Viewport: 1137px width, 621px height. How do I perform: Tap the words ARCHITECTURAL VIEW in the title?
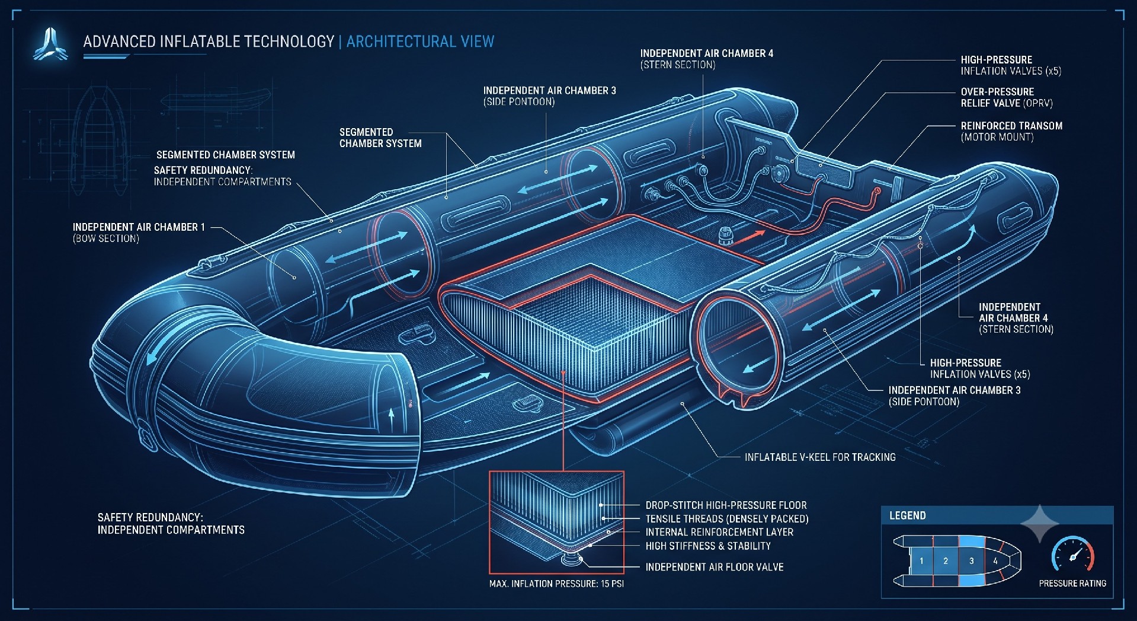(420, 42)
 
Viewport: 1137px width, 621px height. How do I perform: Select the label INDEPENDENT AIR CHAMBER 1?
(139, 227)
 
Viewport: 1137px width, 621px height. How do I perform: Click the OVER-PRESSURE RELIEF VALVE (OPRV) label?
(1007, 97)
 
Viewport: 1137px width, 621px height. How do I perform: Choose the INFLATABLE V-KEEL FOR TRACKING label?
(820, 457)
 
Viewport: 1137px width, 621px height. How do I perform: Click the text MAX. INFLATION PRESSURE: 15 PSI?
(556, 584)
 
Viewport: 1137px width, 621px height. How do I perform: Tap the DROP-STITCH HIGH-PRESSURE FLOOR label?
(726, 505)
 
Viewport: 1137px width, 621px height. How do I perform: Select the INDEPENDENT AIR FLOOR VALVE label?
(715, 567)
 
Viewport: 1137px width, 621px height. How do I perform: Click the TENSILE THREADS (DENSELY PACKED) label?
(727, 519)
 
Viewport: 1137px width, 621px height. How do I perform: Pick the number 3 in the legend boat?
(971, 561)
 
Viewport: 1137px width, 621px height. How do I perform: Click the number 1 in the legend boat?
(921, 561)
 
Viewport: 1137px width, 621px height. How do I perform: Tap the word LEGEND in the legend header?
(907, 515)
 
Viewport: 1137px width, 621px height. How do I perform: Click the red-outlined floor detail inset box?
(556, 523)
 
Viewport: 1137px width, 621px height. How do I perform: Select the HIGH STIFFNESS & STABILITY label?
(708, 546)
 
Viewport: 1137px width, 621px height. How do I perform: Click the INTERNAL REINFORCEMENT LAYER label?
(719, 532)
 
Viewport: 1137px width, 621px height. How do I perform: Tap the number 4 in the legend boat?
(995, 561)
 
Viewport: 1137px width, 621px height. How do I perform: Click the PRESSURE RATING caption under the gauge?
(1072, 584)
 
